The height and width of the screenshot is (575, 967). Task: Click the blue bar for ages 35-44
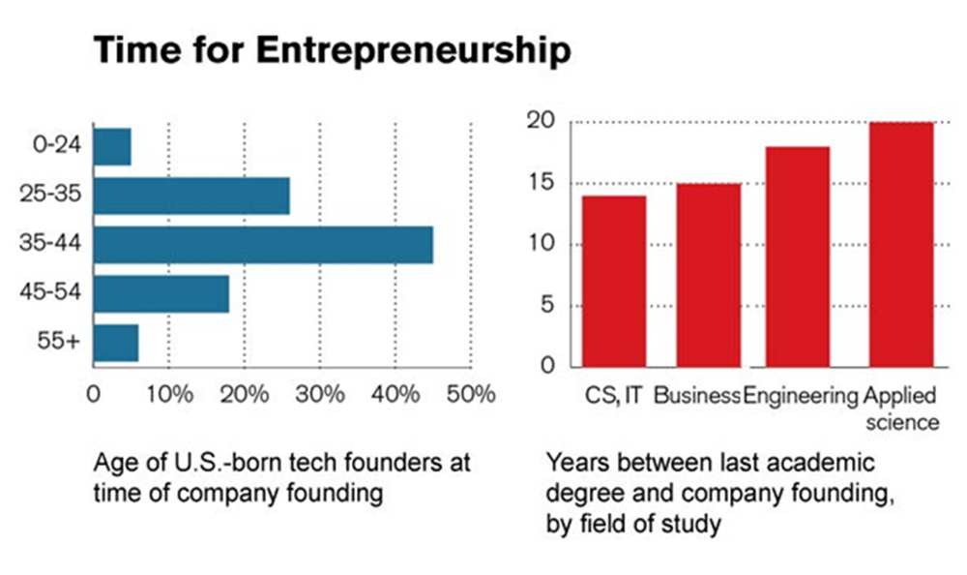click(x=263, y=245)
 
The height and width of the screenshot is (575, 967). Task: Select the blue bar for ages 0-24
click(x=112, y=146)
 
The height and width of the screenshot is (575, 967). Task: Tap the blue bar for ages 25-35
click(x=191, y=196)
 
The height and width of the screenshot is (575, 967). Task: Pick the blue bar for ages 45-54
click(x=161, y=293)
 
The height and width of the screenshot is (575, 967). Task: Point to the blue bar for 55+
click(x=116, y=343)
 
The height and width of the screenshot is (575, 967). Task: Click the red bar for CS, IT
click(x=614, y=281)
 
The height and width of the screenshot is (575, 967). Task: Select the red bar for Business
click(x=708, y=275)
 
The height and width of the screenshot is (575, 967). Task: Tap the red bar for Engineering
click(x=798, y=257)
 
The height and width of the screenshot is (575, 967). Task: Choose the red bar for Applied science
click(x=901, y=244)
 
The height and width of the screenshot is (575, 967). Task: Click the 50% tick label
click(x=472, y=395)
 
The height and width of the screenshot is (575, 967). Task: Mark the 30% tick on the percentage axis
click(x=320, y=395)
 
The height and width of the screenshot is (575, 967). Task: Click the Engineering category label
click(x=801, y=396)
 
